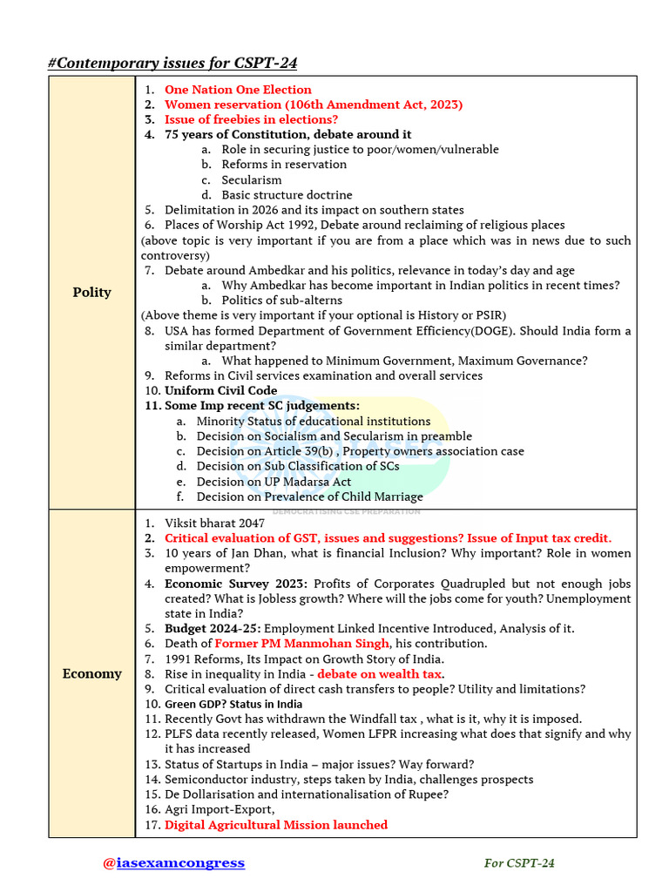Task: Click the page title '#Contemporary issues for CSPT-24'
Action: [x=178, y=62]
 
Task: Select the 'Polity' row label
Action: [x=91, y=293]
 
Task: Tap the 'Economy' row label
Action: [x=91, y=673]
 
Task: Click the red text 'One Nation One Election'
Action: [x=238, y=90]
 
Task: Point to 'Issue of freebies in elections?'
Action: [x=251, y=119]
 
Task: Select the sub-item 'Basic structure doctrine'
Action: [x=287, y=195]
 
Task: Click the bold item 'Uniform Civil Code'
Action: [x=221, y=391]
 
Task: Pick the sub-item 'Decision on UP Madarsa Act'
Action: [x=274, y=482]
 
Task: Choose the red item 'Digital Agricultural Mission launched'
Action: [x=276, y=825]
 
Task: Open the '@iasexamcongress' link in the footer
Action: [x=173, y=863]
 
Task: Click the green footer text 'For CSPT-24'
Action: [x=519, y=863]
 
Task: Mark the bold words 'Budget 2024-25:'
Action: [x=213, y=628]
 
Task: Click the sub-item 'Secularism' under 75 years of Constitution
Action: [x=251, y=180]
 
